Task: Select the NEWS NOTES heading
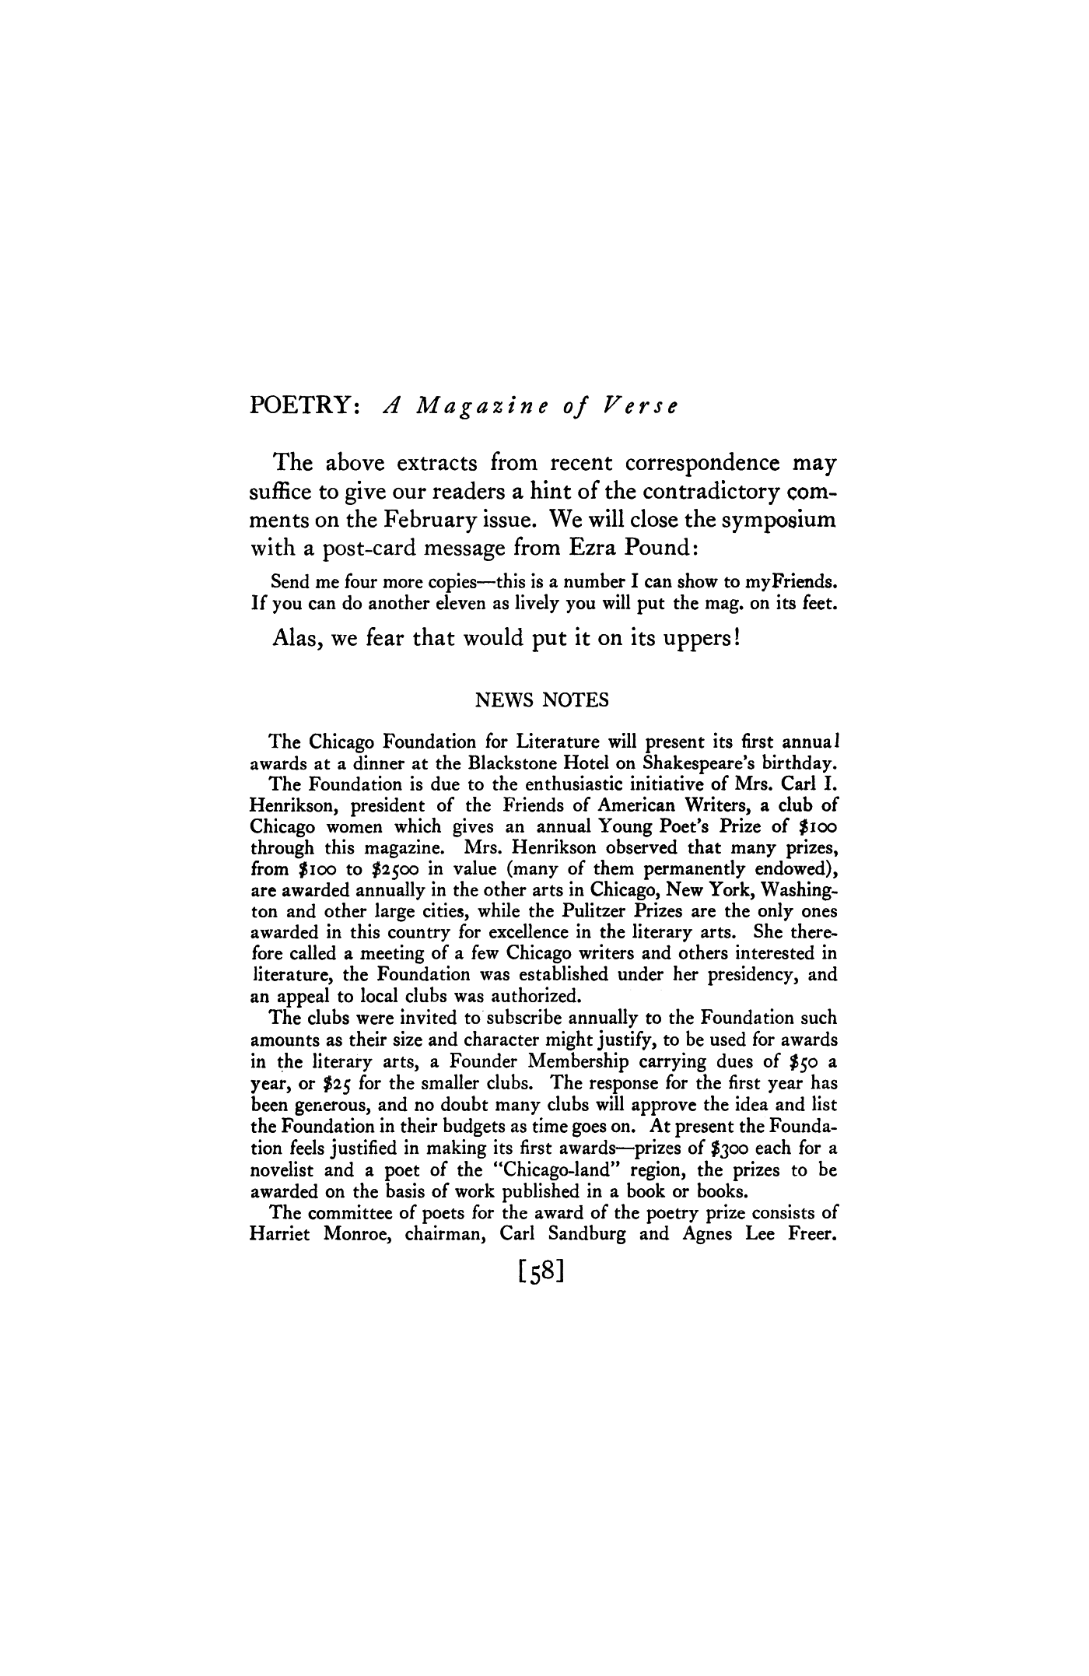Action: coord(542,700)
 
